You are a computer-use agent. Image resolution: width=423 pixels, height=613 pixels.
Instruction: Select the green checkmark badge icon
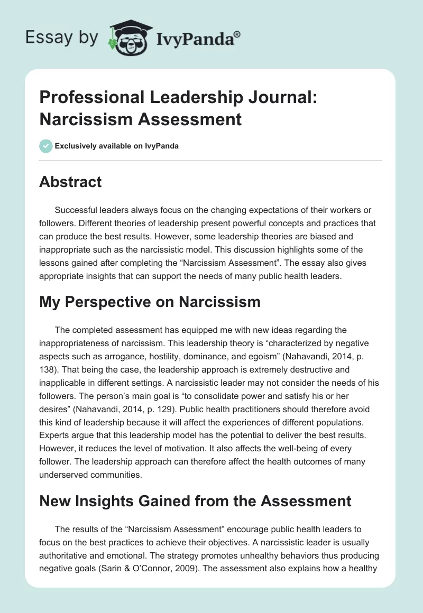46,146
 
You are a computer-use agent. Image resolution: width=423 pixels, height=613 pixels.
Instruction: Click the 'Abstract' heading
70,182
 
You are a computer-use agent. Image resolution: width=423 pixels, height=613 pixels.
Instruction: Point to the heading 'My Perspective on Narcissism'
150,302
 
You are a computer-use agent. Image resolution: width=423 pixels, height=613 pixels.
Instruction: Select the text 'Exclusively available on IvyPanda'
116,146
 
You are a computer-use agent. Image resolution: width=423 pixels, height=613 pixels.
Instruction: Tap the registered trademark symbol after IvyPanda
237,33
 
